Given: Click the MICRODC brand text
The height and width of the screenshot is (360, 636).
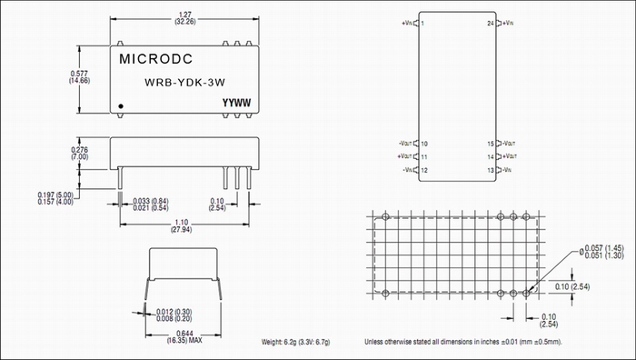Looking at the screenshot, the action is click(155, 59).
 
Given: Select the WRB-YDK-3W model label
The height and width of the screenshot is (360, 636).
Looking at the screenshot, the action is click(184, 83).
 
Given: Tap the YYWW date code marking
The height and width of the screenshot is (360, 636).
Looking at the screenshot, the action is click(236, 103).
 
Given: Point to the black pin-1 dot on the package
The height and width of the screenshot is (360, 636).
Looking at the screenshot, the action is click(121, 106).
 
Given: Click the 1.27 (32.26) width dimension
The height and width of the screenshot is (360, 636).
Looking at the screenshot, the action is click(185, 18).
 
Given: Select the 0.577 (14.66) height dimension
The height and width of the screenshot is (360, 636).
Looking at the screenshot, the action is click(80, 77).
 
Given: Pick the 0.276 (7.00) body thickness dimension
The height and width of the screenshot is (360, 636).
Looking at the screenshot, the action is click(80, 154).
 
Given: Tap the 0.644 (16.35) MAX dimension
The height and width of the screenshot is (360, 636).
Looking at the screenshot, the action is click(184, 337).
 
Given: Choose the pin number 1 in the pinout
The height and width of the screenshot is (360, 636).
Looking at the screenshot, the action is click(422, 23).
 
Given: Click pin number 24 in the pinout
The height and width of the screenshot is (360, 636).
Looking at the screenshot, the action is click(491, 23).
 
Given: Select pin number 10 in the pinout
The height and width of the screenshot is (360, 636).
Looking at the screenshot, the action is click(424, 144).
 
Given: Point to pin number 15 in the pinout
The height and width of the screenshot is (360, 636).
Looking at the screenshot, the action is click(491, 144).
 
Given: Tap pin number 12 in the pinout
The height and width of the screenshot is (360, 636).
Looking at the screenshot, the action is click(424, 171).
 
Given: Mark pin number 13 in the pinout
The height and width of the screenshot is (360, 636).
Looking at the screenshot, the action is click(491, 171).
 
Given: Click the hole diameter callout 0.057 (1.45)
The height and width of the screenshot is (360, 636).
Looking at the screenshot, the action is click(601, 248).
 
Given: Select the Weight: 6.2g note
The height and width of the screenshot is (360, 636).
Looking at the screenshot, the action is click(295, 342).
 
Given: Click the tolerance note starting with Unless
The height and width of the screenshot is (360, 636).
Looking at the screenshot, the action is click(463, 342).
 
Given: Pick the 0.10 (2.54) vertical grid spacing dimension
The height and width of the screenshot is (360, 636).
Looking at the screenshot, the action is click(572, 286).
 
